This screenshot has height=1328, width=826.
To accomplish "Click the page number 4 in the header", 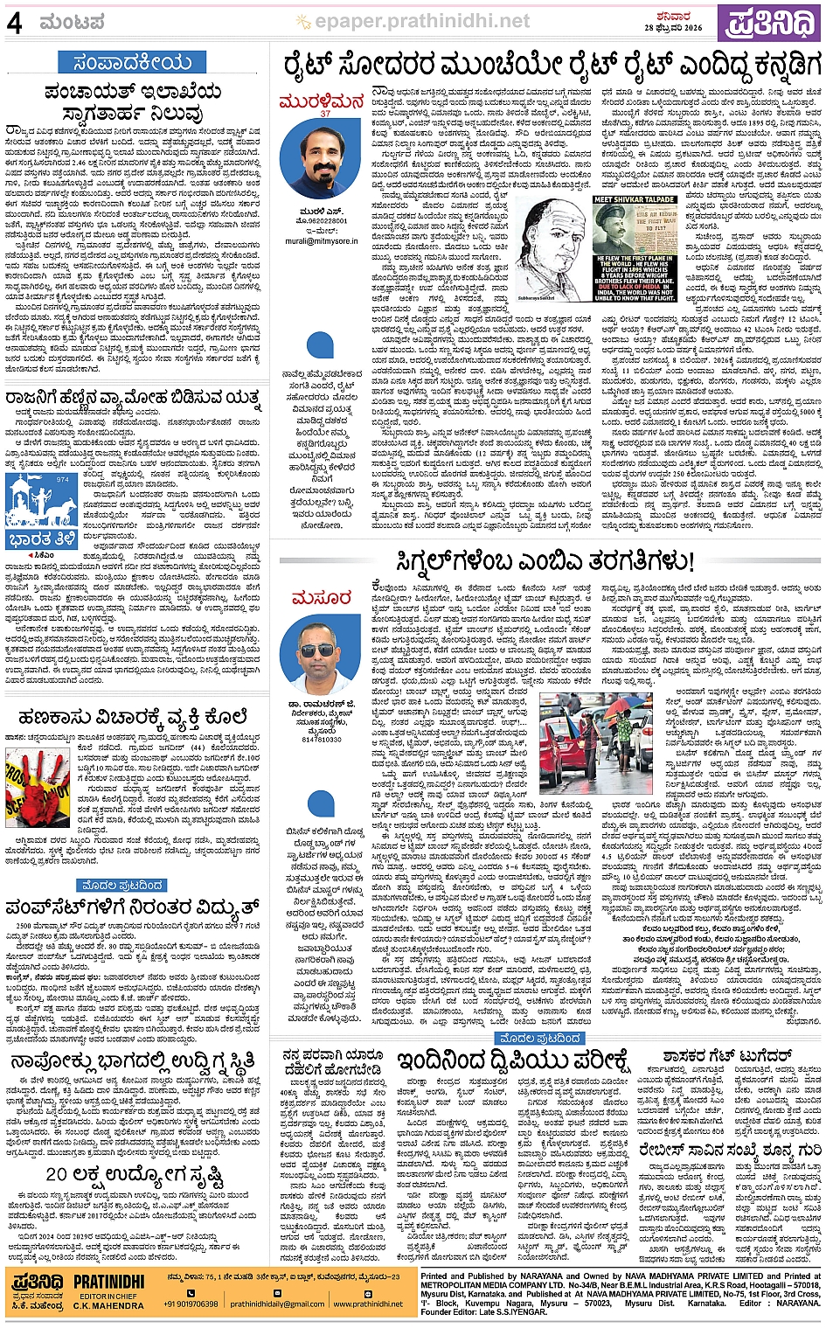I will (x=14, y=22).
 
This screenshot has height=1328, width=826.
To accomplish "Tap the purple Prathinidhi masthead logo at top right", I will (x=770, y=24).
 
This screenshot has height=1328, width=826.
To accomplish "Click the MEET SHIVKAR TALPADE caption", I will (x=635, y=200).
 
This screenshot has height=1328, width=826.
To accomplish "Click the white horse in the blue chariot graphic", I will (x=35, y=508).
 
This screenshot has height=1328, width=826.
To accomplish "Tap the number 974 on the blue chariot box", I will (x=62, y=479).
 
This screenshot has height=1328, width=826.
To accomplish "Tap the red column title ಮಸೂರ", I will (x=321, y=598).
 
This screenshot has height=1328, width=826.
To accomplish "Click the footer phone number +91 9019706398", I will (x=191, y=1303).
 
